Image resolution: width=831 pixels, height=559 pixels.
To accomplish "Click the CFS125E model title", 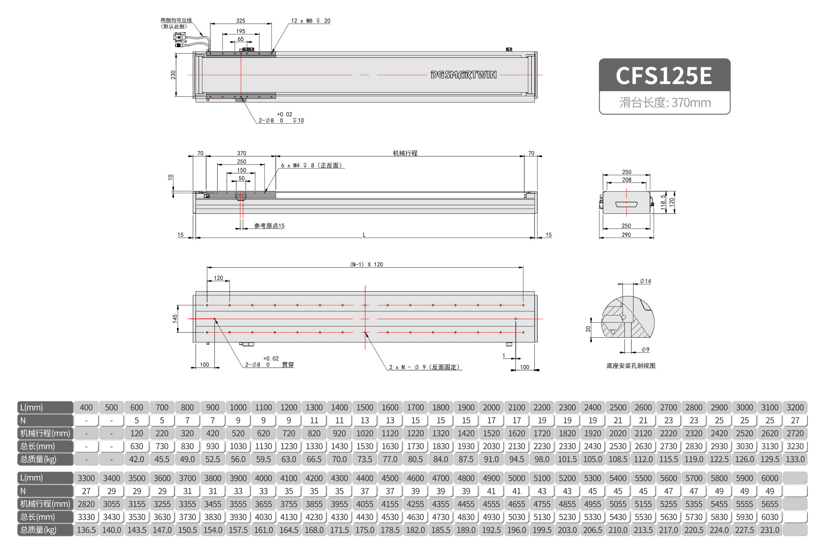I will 664,75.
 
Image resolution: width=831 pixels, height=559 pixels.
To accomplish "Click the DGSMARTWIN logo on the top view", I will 464,75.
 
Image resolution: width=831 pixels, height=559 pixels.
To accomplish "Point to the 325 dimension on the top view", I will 240,20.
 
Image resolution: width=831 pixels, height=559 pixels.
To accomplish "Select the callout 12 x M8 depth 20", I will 310,21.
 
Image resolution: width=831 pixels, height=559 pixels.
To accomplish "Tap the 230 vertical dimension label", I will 173,75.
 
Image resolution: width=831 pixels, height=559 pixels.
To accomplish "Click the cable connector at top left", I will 180,38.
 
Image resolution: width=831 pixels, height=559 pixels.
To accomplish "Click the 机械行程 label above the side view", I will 405,153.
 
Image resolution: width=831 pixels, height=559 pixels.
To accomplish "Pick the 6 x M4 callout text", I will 311,165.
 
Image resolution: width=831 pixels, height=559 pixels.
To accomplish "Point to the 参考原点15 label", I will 269,226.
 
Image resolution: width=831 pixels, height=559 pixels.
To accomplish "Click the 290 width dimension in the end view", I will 626,235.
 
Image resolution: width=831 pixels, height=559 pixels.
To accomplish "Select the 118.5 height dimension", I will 663,202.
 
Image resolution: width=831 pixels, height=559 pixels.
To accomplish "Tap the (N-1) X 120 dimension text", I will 366,264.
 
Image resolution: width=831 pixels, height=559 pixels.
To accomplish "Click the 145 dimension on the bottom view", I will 175,318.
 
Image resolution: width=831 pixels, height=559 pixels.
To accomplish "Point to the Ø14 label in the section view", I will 645,281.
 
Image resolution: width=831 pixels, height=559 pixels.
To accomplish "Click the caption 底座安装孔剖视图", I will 631,366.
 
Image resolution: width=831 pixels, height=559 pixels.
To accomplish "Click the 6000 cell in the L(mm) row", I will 770,478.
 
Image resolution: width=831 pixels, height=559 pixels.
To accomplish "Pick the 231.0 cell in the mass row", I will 770,530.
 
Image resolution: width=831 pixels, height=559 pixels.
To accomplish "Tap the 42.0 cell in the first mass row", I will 137,459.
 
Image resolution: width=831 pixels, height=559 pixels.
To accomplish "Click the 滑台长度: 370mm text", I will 665,103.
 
